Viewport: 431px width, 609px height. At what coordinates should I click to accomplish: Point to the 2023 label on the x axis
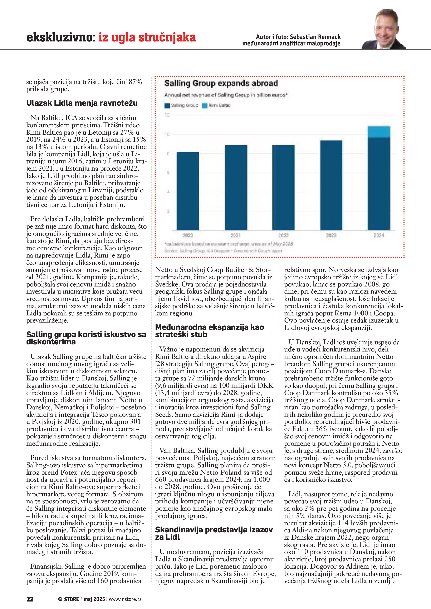click(331, 235)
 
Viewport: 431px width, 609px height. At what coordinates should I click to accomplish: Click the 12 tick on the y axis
click(167, 115)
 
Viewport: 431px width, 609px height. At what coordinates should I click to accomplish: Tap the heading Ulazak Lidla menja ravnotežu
click(82, 103)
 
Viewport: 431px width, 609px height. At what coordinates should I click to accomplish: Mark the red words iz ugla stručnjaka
click(147, 38)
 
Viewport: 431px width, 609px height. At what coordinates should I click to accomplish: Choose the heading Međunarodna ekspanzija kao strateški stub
click(209, 331)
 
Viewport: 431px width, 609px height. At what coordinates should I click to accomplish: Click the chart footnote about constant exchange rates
click(229, 244)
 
